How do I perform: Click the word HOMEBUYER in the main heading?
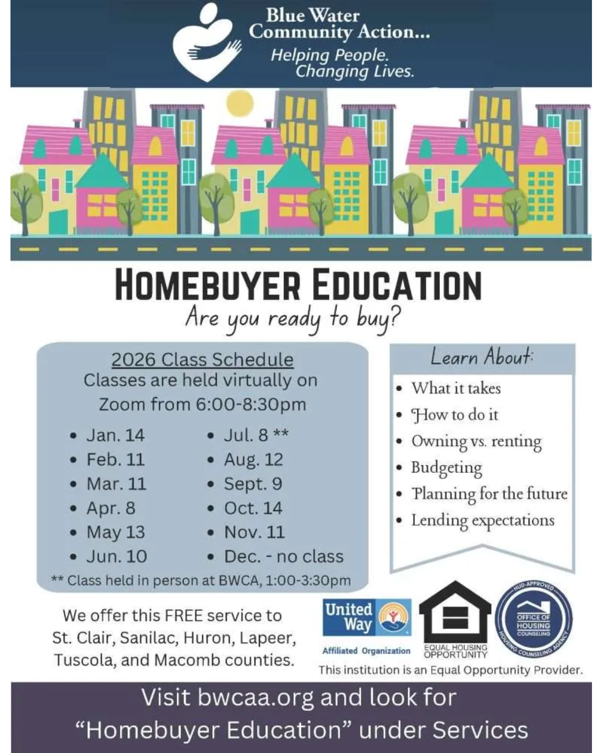coord(207,285)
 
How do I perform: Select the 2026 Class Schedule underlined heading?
coord(202,359)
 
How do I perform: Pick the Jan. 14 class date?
coord(115,435)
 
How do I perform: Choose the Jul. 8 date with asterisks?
coord(256,435)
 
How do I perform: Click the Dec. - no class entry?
coord(283,556)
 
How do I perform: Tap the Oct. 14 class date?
coord(253,508)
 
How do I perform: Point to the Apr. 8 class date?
coord(111,508)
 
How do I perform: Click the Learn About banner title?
coord(482,357)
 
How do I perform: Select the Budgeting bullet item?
coord(446,467)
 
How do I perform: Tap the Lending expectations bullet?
coord(483,520)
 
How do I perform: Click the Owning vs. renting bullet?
coord(476,441)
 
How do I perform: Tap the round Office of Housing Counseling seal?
coord(533,621)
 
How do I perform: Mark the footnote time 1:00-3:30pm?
coord(308,581)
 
